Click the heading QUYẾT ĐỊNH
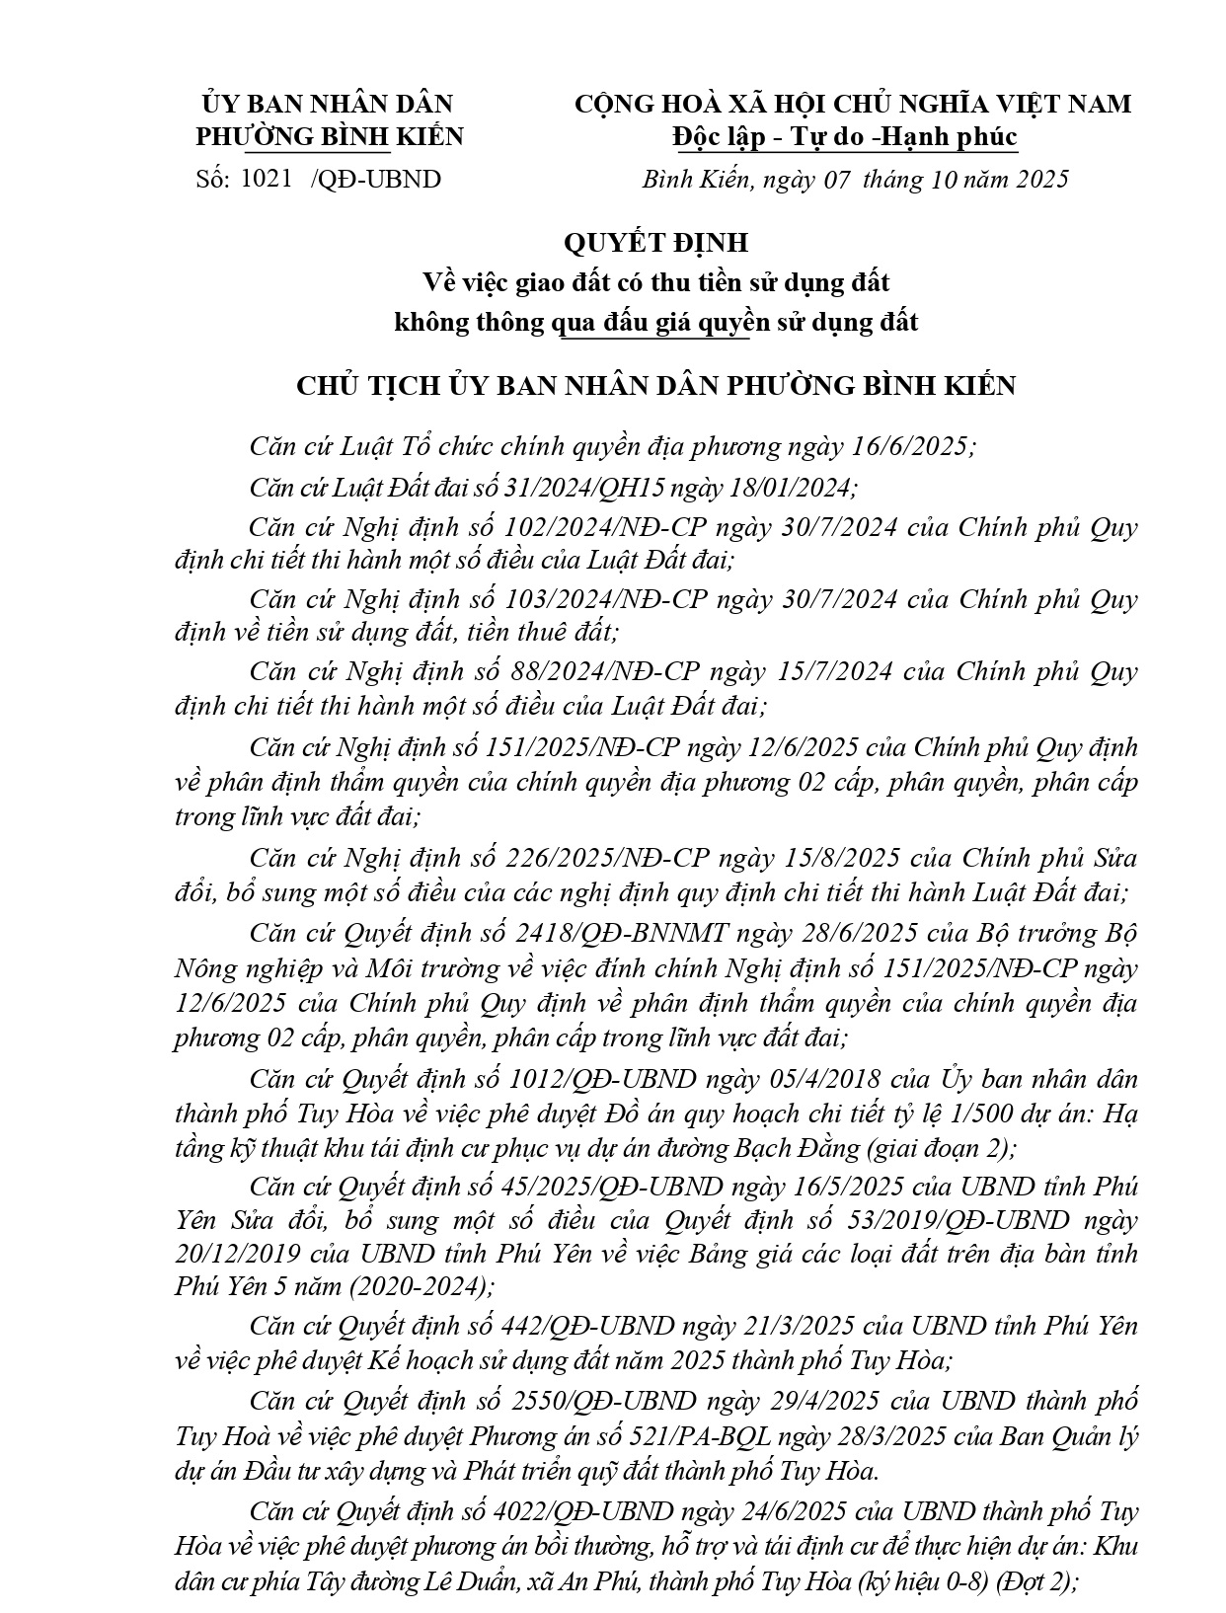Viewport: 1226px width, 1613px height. coord(655,242)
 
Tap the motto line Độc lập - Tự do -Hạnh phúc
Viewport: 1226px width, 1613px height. coord(845,136)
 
